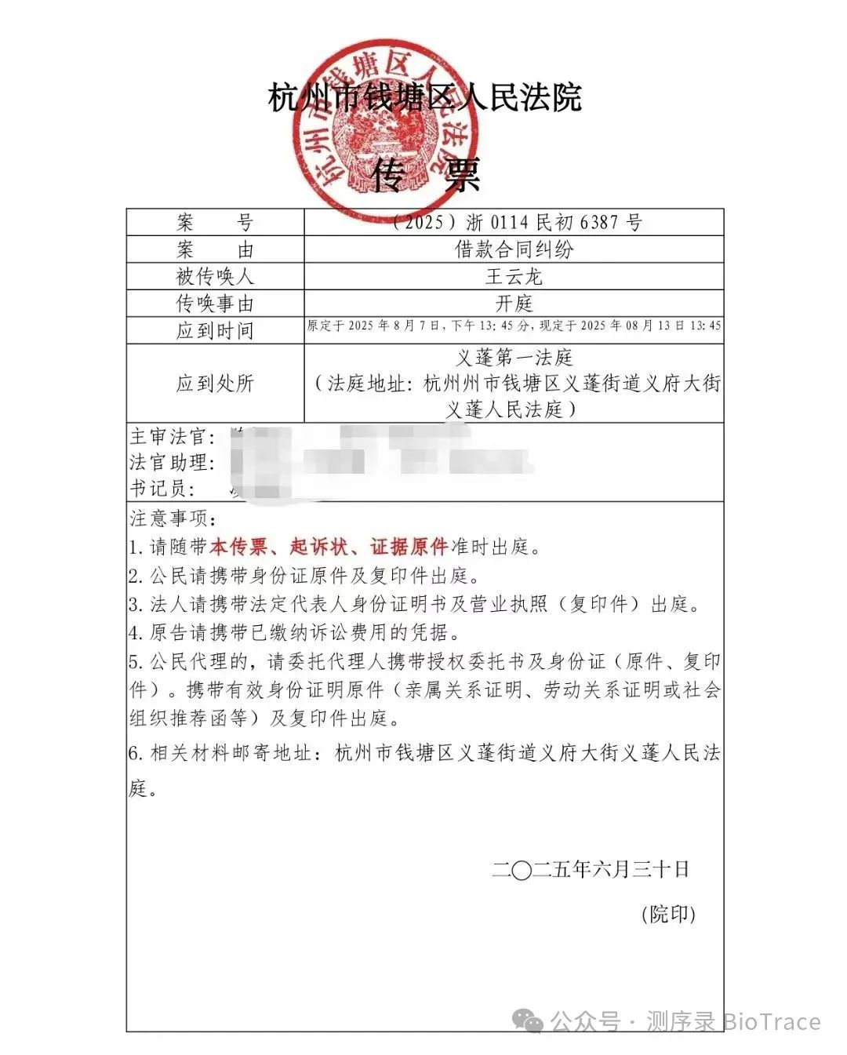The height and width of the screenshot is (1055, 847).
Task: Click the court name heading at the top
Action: [x=424, y=98]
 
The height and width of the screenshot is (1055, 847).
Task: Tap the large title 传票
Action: [x=425, y=175]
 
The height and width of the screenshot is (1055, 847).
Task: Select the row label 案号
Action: [x=215, y=223]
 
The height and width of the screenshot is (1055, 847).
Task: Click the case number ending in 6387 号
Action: [x=518, y=223]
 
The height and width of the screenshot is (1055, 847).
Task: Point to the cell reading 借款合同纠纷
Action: [x=514, y=249]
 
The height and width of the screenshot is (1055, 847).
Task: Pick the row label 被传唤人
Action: [x=215, y=276]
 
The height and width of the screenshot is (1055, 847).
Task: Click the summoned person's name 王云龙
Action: [x=514, y=276]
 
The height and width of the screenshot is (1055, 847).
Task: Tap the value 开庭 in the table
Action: [x=514, y=304]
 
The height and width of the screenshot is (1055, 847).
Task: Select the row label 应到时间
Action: [x=215, y=330]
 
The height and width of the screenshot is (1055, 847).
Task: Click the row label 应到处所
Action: [x=215, y=384]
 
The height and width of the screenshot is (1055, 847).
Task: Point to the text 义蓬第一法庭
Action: [x=514, y=358]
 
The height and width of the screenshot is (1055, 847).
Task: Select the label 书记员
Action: [x=162, y=489]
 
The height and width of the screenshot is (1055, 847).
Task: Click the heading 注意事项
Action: [x=172, y=518]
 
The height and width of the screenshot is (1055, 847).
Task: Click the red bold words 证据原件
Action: [x=409, y=547]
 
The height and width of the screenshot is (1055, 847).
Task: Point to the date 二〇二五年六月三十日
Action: [x=591, y=869]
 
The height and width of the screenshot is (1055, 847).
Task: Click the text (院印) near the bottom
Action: [x=668, y=914]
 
